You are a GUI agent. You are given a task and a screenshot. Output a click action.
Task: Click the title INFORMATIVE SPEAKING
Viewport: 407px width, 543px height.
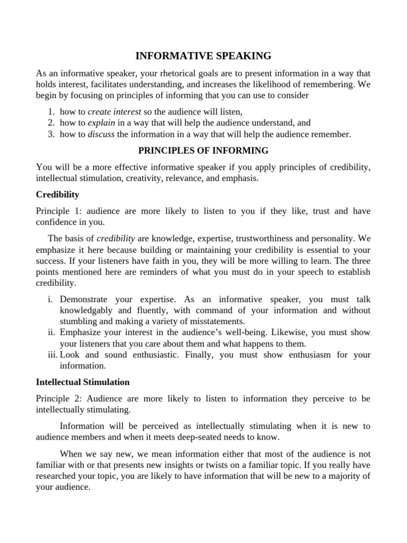point(203,56)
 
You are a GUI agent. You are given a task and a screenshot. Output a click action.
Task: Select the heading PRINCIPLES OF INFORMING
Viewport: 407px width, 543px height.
point(203,151)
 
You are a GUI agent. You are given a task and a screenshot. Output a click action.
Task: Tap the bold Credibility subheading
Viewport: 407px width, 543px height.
point(57,195)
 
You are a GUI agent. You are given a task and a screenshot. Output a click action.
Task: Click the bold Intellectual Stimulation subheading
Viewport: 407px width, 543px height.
point(83,381)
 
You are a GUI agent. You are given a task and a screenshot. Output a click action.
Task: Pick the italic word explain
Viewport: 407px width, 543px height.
point(99,122)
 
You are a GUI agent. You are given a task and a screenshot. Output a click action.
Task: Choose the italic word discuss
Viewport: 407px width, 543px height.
point(101,134)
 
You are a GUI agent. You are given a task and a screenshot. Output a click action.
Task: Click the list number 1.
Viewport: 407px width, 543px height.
point(51,111)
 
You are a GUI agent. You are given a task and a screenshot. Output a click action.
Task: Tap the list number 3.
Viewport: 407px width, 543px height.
point(51,134)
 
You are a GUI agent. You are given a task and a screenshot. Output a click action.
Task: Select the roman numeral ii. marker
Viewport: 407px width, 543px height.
point(51,332)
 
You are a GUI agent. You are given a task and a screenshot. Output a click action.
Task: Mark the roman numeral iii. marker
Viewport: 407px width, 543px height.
point(51,355)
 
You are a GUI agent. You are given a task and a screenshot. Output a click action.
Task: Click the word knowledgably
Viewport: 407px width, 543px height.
point(86,310)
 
